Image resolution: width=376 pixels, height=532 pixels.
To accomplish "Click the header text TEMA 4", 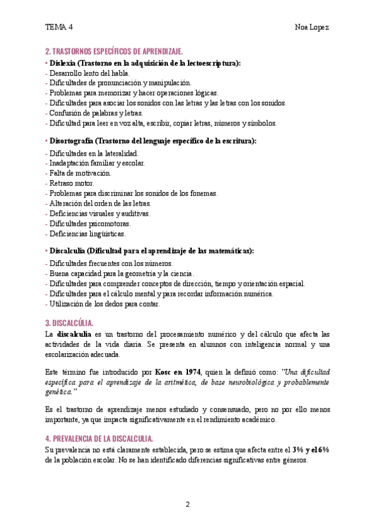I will click(x=59, y=27).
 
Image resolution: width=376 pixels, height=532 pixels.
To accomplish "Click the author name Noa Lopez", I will click(x=311, y=27).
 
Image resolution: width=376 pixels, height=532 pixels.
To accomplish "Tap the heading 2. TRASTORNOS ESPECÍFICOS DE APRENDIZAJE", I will click(x=114, y=51).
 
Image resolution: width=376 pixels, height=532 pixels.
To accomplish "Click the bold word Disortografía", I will click(x=70, y=141).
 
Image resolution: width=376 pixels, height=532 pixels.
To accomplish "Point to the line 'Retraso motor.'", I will click(x=68, y=183).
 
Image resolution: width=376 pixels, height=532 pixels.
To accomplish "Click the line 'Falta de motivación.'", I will click(x=78, y=173).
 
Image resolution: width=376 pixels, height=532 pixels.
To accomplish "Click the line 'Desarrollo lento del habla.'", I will click(x=88, y=73).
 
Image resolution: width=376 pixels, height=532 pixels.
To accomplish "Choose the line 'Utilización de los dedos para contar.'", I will click(x=103, y=304).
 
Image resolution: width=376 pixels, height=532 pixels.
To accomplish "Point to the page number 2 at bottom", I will click(x=187, y=504).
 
